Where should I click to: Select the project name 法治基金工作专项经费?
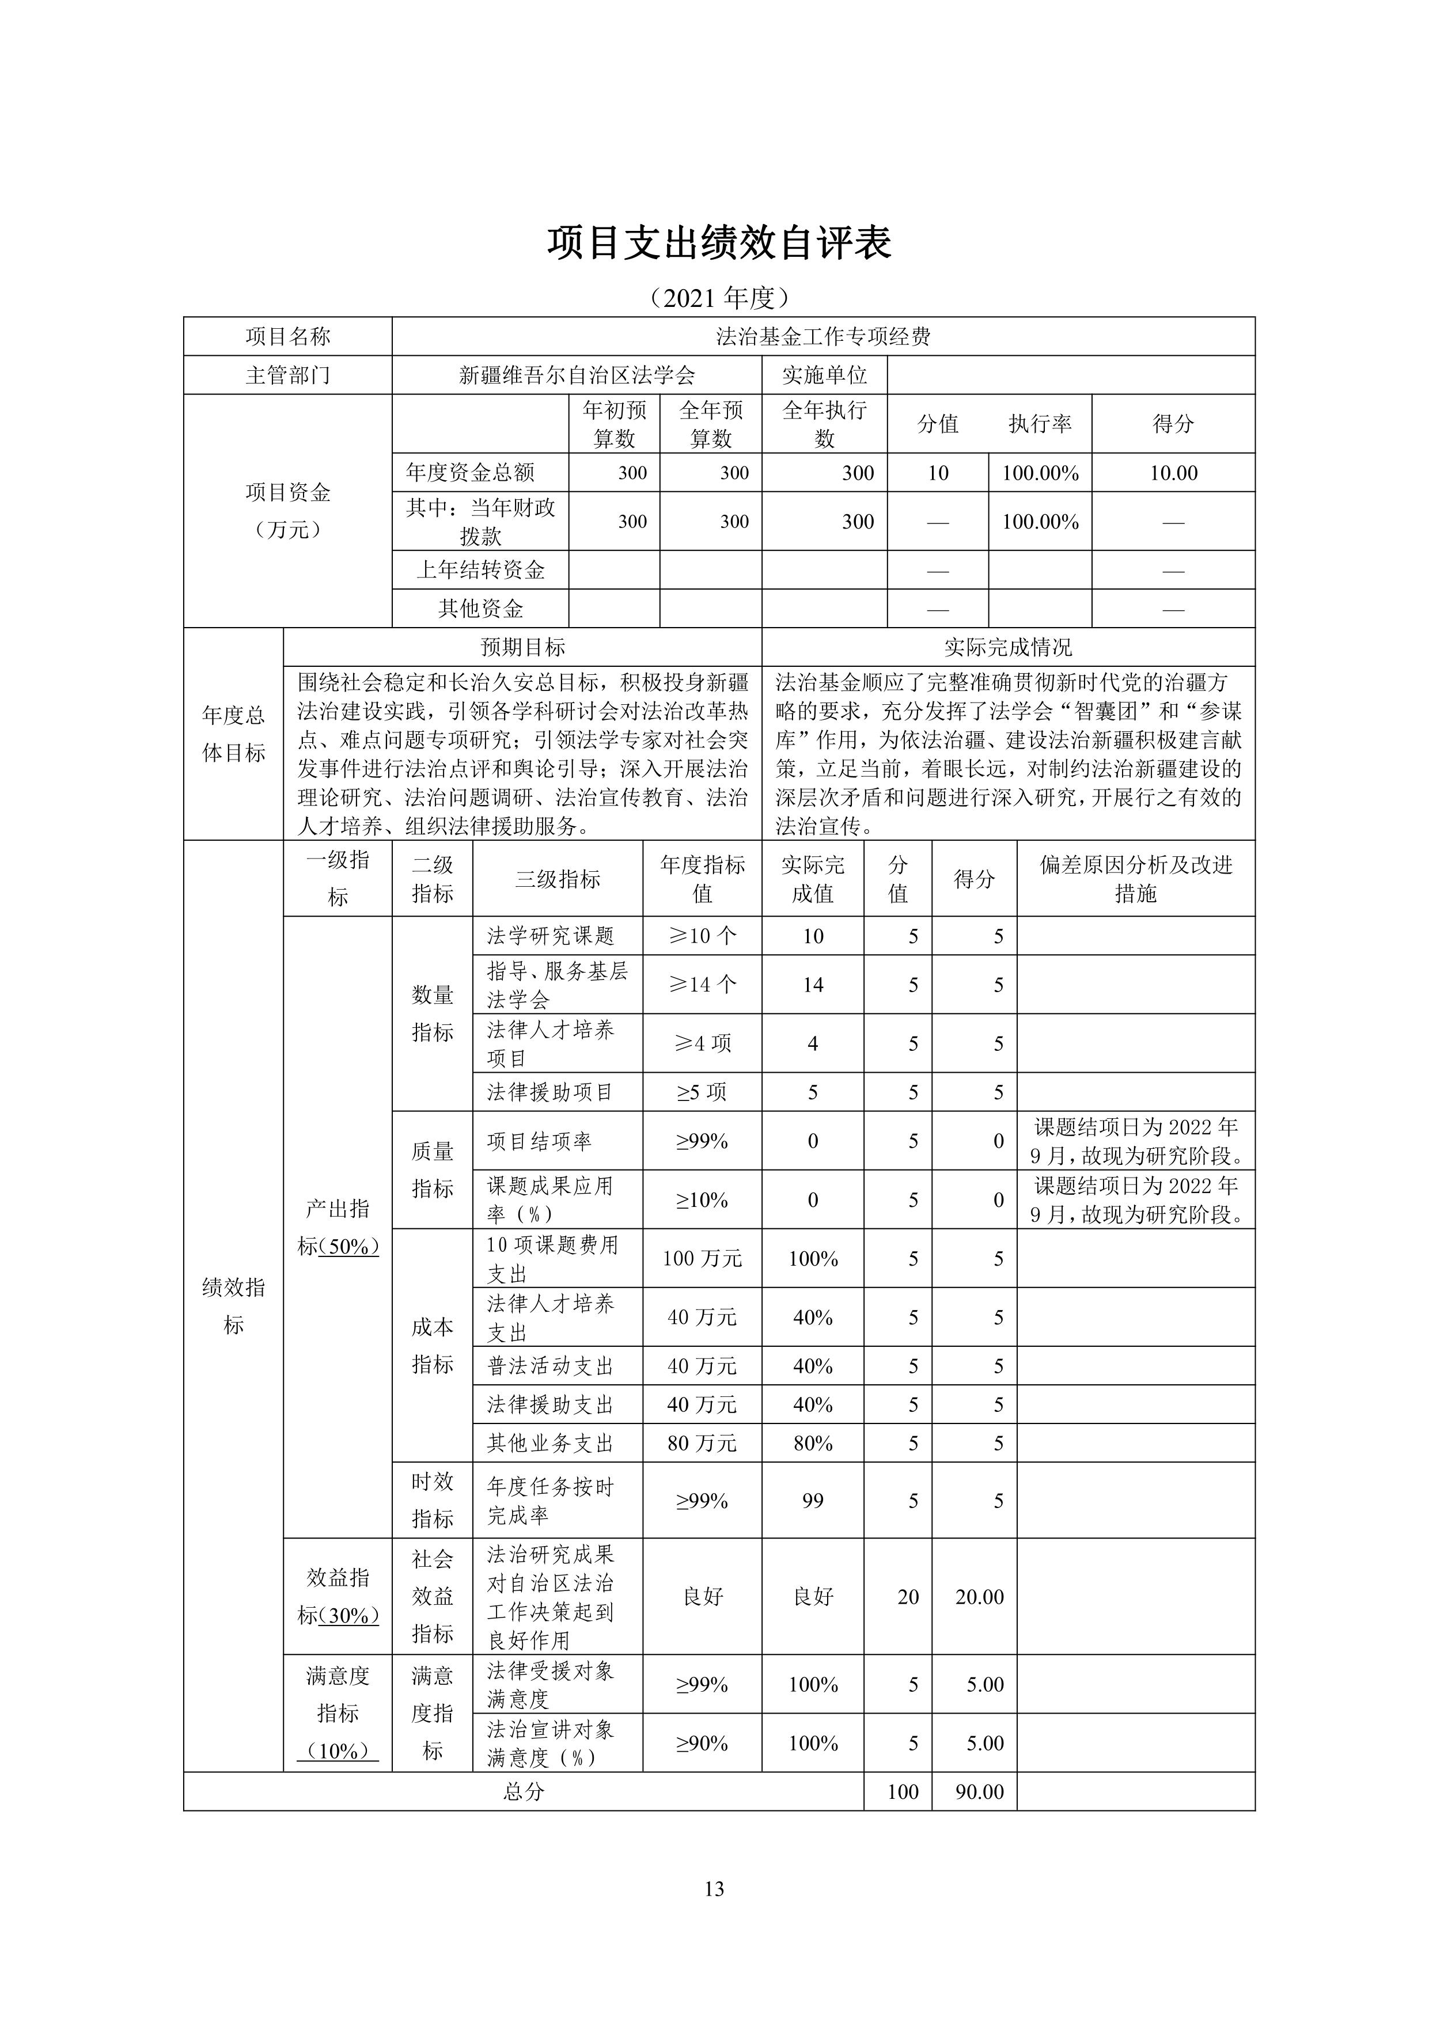coord(822,337)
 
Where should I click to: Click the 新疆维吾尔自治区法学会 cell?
coord(577,375)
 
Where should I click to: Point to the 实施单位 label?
coord(824,375)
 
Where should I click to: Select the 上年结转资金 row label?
coord(480,570)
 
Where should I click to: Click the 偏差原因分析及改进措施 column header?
coord(1135,879)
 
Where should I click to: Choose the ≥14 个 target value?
coord(702,985)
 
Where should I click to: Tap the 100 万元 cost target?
coord(702,1258)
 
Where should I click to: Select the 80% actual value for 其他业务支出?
coord(812,1443)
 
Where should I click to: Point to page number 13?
coord(714,1888)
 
